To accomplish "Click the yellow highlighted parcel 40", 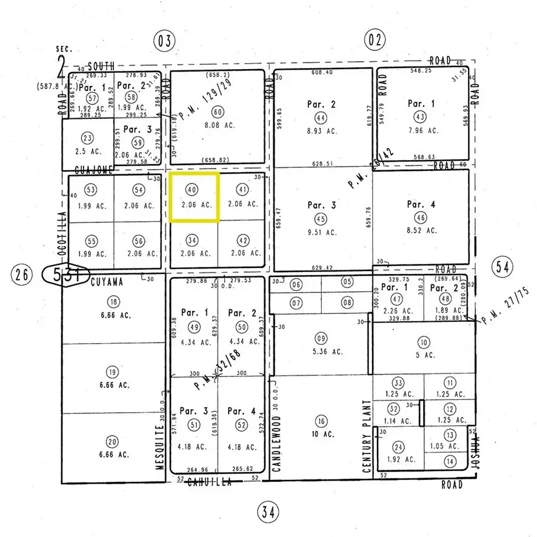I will tap(193, 197).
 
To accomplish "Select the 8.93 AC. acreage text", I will tap(322, 131).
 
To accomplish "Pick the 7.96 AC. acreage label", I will tap(422, 130).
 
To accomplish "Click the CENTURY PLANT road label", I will tap(366, 436).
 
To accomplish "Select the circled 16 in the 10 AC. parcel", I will tap(321, 421).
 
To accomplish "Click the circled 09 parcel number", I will tap(321, 338).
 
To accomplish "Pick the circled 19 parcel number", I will tap(113, 372).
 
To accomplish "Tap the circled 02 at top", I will tap(374, 41).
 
